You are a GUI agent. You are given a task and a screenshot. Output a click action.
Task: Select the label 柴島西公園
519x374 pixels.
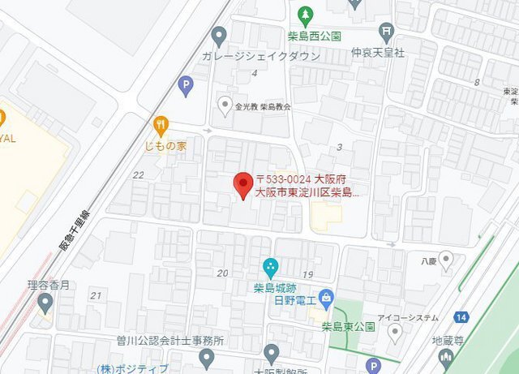[314, 36]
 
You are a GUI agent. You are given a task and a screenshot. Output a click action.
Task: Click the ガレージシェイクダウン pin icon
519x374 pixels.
[217, 36]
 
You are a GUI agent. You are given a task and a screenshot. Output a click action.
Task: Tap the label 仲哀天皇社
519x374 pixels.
[377, 53]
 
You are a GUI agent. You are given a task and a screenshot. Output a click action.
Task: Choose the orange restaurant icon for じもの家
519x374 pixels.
[161, 125]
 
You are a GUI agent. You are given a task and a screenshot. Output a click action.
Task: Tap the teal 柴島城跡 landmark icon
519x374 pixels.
[271, 265]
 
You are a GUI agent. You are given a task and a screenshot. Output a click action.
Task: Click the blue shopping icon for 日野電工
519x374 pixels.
[326, 297]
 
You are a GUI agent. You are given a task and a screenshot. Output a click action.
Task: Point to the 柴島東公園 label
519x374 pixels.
[347, 327]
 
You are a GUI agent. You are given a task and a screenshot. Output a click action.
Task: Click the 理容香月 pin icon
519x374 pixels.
[45, 303]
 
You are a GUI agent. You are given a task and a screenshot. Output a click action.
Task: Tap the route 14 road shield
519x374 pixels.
[460, 317]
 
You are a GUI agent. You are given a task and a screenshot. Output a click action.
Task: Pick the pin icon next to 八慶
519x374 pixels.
[445, 260]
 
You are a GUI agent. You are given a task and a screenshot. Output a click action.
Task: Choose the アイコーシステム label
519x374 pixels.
[408, 317]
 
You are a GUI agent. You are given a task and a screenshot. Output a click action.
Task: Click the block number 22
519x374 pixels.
[138, 174]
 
